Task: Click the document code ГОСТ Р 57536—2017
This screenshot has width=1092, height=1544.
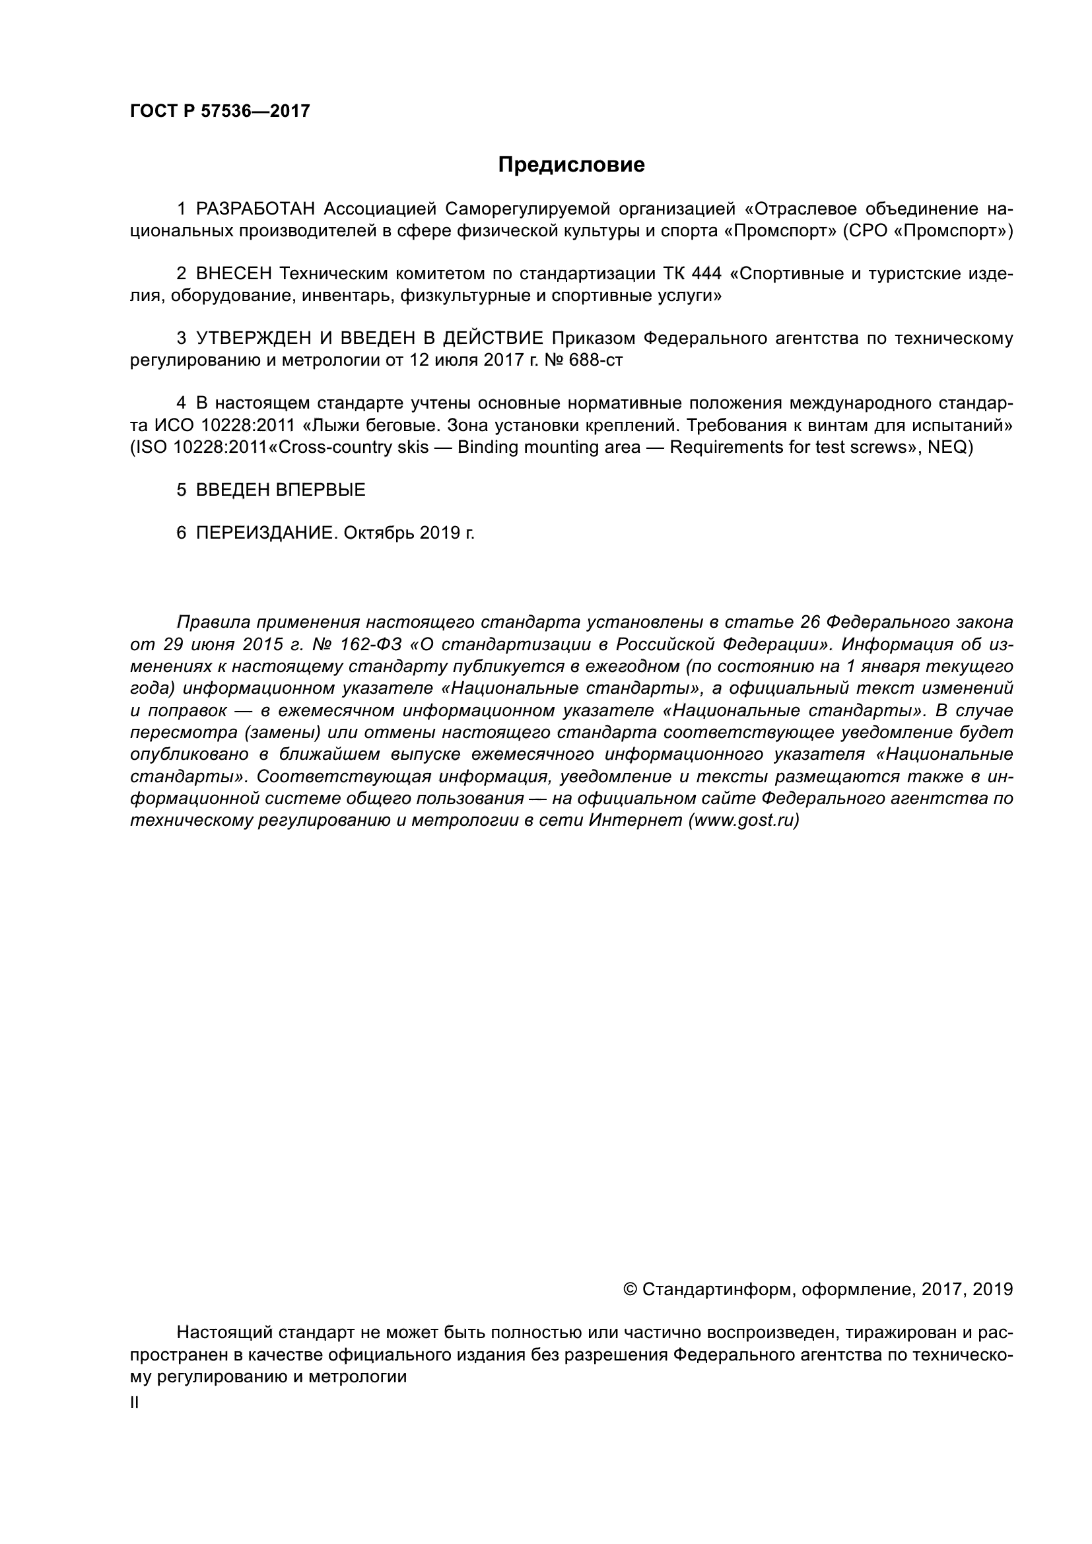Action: [x=220, y=112]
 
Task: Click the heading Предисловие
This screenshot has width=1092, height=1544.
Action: [x=571, y=165]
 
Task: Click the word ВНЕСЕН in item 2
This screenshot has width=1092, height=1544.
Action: [x=234, y=274]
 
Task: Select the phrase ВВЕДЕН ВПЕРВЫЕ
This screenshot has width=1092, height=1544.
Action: [x=281, y=490]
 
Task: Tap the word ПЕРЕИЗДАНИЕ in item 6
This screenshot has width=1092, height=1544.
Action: [x=264, y=533]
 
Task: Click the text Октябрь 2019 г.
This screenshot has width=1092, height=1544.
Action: [x=409, y=533]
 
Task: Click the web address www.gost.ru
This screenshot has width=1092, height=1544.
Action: [x=743, y=821]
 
